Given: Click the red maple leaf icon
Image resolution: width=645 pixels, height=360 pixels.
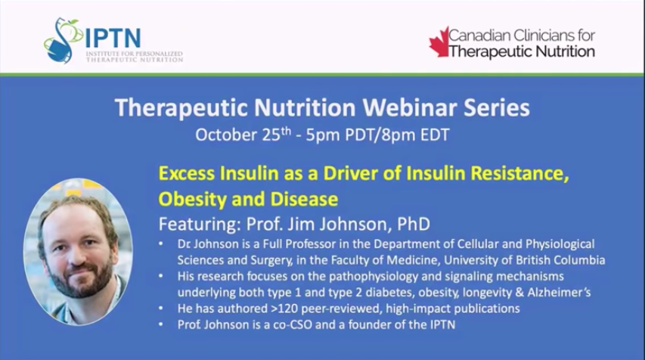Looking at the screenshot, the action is pos(439,42).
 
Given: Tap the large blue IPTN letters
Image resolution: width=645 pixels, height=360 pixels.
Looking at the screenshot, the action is pos(113,39).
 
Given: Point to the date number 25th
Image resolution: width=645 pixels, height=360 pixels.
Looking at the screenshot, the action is pos(277,134).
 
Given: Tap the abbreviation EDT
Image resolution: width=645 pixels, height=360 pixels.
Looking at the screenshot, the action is pos(435,135).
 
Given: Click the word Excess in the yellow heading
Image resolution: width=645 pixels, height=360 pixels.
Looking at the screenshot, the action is pos(187,173).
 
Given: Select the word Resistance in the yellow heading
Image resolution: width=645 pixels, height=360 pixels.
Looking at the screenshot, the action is pos(520,174).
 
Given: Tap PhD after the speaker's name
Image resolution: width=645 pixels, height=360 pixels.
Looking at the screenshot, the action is pos(414,224).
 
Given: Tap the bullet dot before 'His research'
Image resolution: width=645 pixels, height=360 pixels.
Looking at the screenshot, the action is pos(161,277).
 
